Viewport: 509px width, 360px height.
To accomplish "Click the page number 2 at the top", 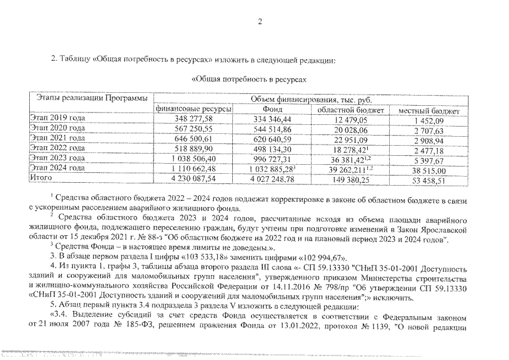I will [x=260, y=22].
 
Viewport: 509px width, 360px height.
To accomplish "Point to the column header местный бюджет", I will [x=429, y=111].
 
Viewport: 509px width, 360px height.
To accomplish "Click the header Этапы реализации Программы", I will [x=91, y=98].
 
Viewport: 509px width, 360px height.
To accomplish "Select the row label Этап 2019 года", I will [x=57, y=119].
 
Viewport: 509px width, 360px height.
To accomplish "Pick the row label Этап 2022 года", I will [x=57, y=148].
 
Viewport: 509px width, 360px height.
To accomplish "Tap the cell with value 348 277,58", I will [x=192, y=119].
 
